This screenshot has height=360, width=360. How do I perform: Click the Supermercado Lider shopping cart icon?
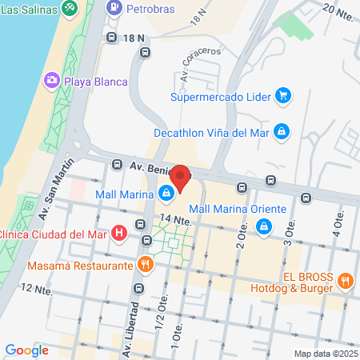[x=282, y=98]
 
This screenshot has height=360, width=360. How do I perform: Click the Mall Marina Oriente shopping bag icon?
[x=262, y=227]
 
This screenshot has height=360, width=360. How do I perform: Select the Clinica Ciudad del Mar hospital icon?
[x=119, y=234]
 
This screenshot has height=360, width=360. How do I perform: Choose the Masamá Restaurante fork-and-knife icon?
[x=146, y=264]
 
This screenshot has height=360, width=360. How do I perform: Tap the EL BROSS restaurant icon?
[x=346, y=280]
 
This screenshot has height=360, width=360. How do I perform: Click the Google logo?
[x=26, y=350]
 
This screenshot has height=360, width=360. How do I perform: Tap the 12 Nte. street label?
[x=38, y=288]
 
